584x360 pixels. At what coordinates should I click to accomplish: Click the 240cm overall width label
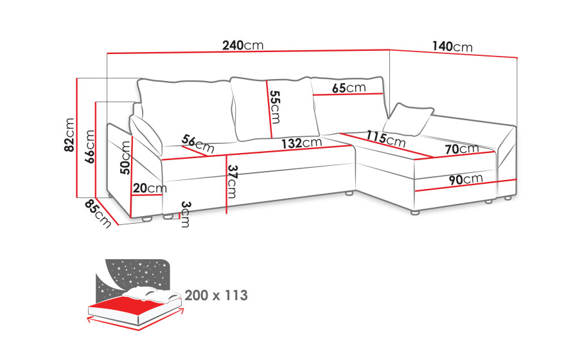coord(243,45)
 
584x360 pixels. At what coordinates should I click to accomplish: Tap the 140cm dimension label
coord(452,46)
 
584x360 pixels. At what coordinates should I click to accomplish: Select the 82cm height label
coord(69,135)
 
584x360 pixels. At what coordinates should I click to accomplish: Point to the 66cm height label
coord(90,147)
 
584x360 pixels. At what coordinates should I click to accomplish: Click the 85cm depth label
coord(98,213)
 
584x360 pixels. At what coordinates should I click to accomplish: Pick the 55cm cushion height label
coord(275,107)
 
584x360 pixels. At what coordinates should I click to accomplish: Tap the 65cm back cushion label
coord(349,88)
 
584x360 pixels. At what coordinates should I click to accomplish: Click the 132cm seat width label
coord(301,143)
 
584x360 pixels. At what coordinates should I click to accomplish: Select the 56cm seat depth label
coord(198,144)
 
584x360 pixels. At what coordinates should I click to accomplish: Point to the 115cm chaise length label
coord(385,138)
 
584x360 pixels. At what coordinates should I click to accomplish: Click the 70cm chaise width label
coord(462,149)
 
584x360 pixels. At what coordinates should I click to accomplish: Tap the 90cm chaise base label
coord(466,179)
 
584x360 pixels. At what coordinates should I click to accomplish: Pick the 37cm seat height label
coord(232,181)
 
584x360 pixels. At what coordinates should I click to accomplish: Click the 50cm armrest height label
coord(125,157)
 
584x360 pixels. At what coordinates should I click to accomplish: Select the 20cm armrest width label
coord(150,188)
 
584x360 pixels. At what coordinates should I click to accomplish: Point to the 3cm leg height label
coord(186,214)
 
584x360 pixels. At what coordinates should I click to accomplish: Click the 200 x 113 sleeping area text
coord(216,295)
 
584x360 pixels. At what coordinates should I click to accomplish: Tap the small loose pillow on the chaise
coord(409,119)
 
